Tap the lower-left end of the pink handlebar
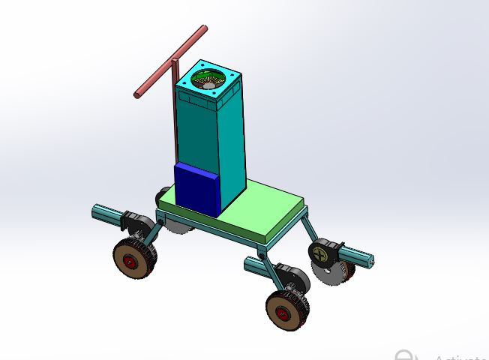point(138,94)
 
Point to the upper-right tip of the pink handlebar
point(203,28)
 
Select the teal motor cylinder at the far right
point(358,258)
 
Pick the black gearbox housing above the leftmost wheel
point(137,223)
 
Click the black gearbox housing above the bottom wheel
point(292,277)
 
